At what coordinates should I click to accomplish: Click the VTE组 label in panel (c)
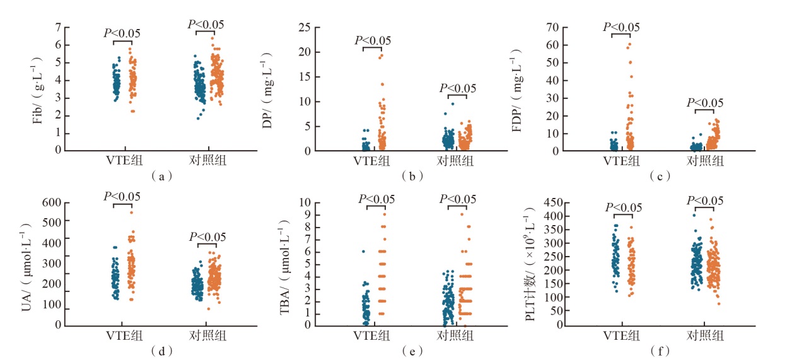pyautogui.click(x=622, y=161)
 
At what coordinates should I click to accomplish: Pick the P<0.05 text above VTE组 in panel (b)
pyautogui.click(x=373, y=40)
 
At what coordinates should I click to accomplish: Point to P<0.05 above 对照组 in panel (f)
pyautogui.click(x=704, y=201)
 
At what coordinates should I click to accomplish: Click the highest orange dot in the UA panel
pyautogui.click(x=132, y=212)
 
